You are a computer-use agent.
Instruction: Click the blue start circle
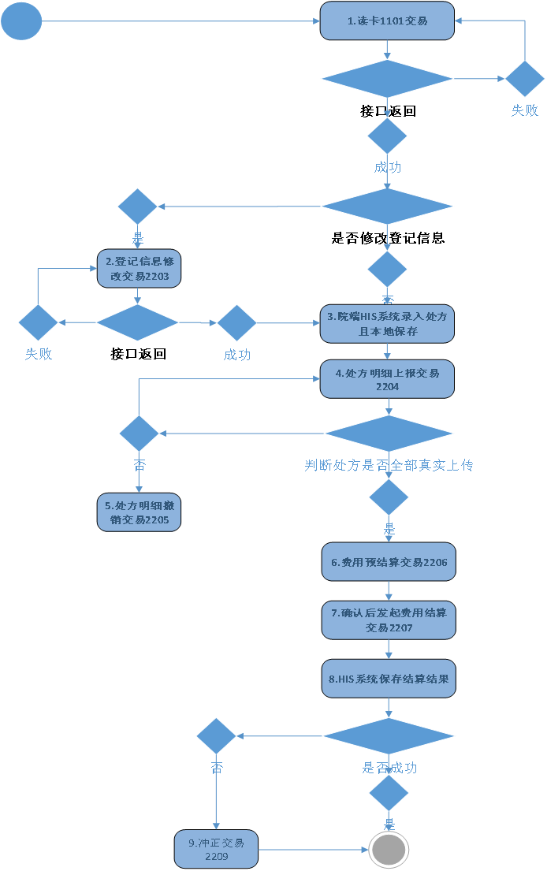tap(21, 21)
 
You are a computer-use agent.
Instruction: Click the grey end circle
tap(389, 850)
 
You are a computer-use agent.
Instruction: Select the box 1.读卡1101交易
tap(387, 21)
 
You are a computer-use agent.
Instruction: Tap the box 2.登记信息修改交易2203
tap(139, 269)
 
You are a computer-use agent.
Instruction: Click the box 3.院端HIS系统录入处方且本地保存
tap(387, 324)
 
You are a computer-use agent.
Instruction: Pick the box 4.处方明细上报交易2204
tap(387, 380)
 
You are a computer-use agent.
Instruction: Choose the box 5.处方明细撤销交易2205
tap(139, 513)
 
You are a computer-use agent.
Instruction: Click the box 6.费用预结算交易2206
tap(389, 562)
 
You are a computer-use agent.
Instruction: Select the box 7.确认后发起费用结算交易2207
tap(389, 620)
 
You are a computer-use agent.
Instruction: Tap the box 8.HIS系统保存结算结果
tap(389, 678)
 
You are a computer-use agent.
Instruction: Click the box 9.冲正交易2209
tap(216, 849)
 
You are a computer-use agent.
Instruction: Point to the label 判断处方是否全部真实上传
tap(389, 465)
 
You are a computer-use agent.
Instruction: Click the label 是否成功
tap(389, 768)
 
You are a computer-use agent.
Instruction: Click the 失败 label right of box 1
tap(524, 110)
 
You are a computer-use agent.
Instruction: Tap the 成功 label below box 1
tap(387, 167)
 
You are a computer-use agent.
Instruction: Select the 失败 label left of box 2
tap(38, 354)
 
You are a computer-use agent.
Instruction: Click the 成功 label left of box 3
tap(236, 355)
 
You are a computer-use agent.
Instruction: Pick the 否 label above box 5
tap(139, 465)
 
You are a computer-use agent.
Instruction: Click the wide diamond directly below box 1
tap(387, 78)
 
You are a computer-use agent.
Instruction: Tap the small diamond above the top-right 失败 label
tap(524, 78)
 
